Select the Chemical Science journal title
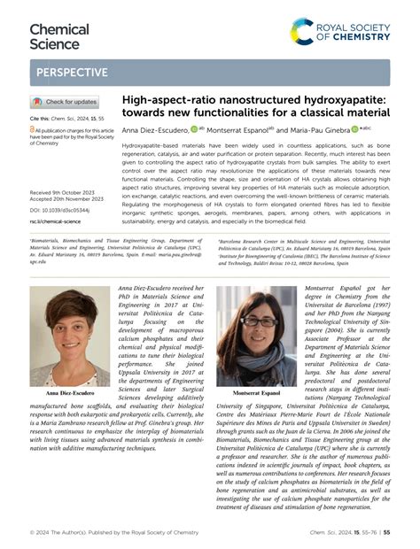59,36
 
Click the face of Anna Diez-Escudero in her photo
70,327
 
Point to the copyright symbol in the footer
32,532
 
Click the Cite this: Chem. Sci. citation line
66,117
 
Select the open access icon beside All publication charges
34,129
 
